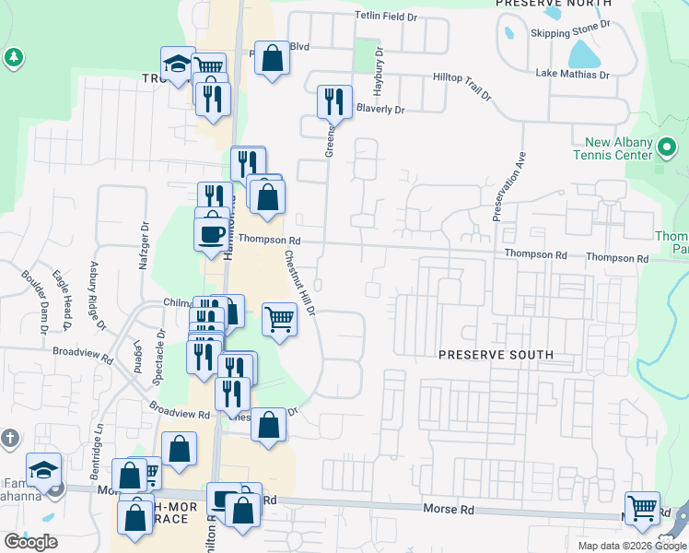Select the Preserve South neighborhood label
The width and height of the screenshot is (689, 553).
[x=496, y=355]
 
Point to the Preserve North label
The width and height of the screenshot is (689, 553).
[x=553, y=4]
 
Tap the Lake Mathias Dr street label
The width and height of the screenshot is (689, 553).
[x=573, y=75]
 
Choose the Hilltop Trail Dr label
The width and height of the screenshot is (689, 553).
[x=455, y=86]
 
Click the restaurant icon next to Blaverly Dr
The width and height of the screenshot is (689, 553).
[x=333, y=101]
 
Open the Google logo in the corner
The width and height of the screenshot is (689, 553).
[x=30, y=542]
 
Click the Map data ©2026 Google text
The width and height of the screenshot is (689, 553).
[x=631, y=546]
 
